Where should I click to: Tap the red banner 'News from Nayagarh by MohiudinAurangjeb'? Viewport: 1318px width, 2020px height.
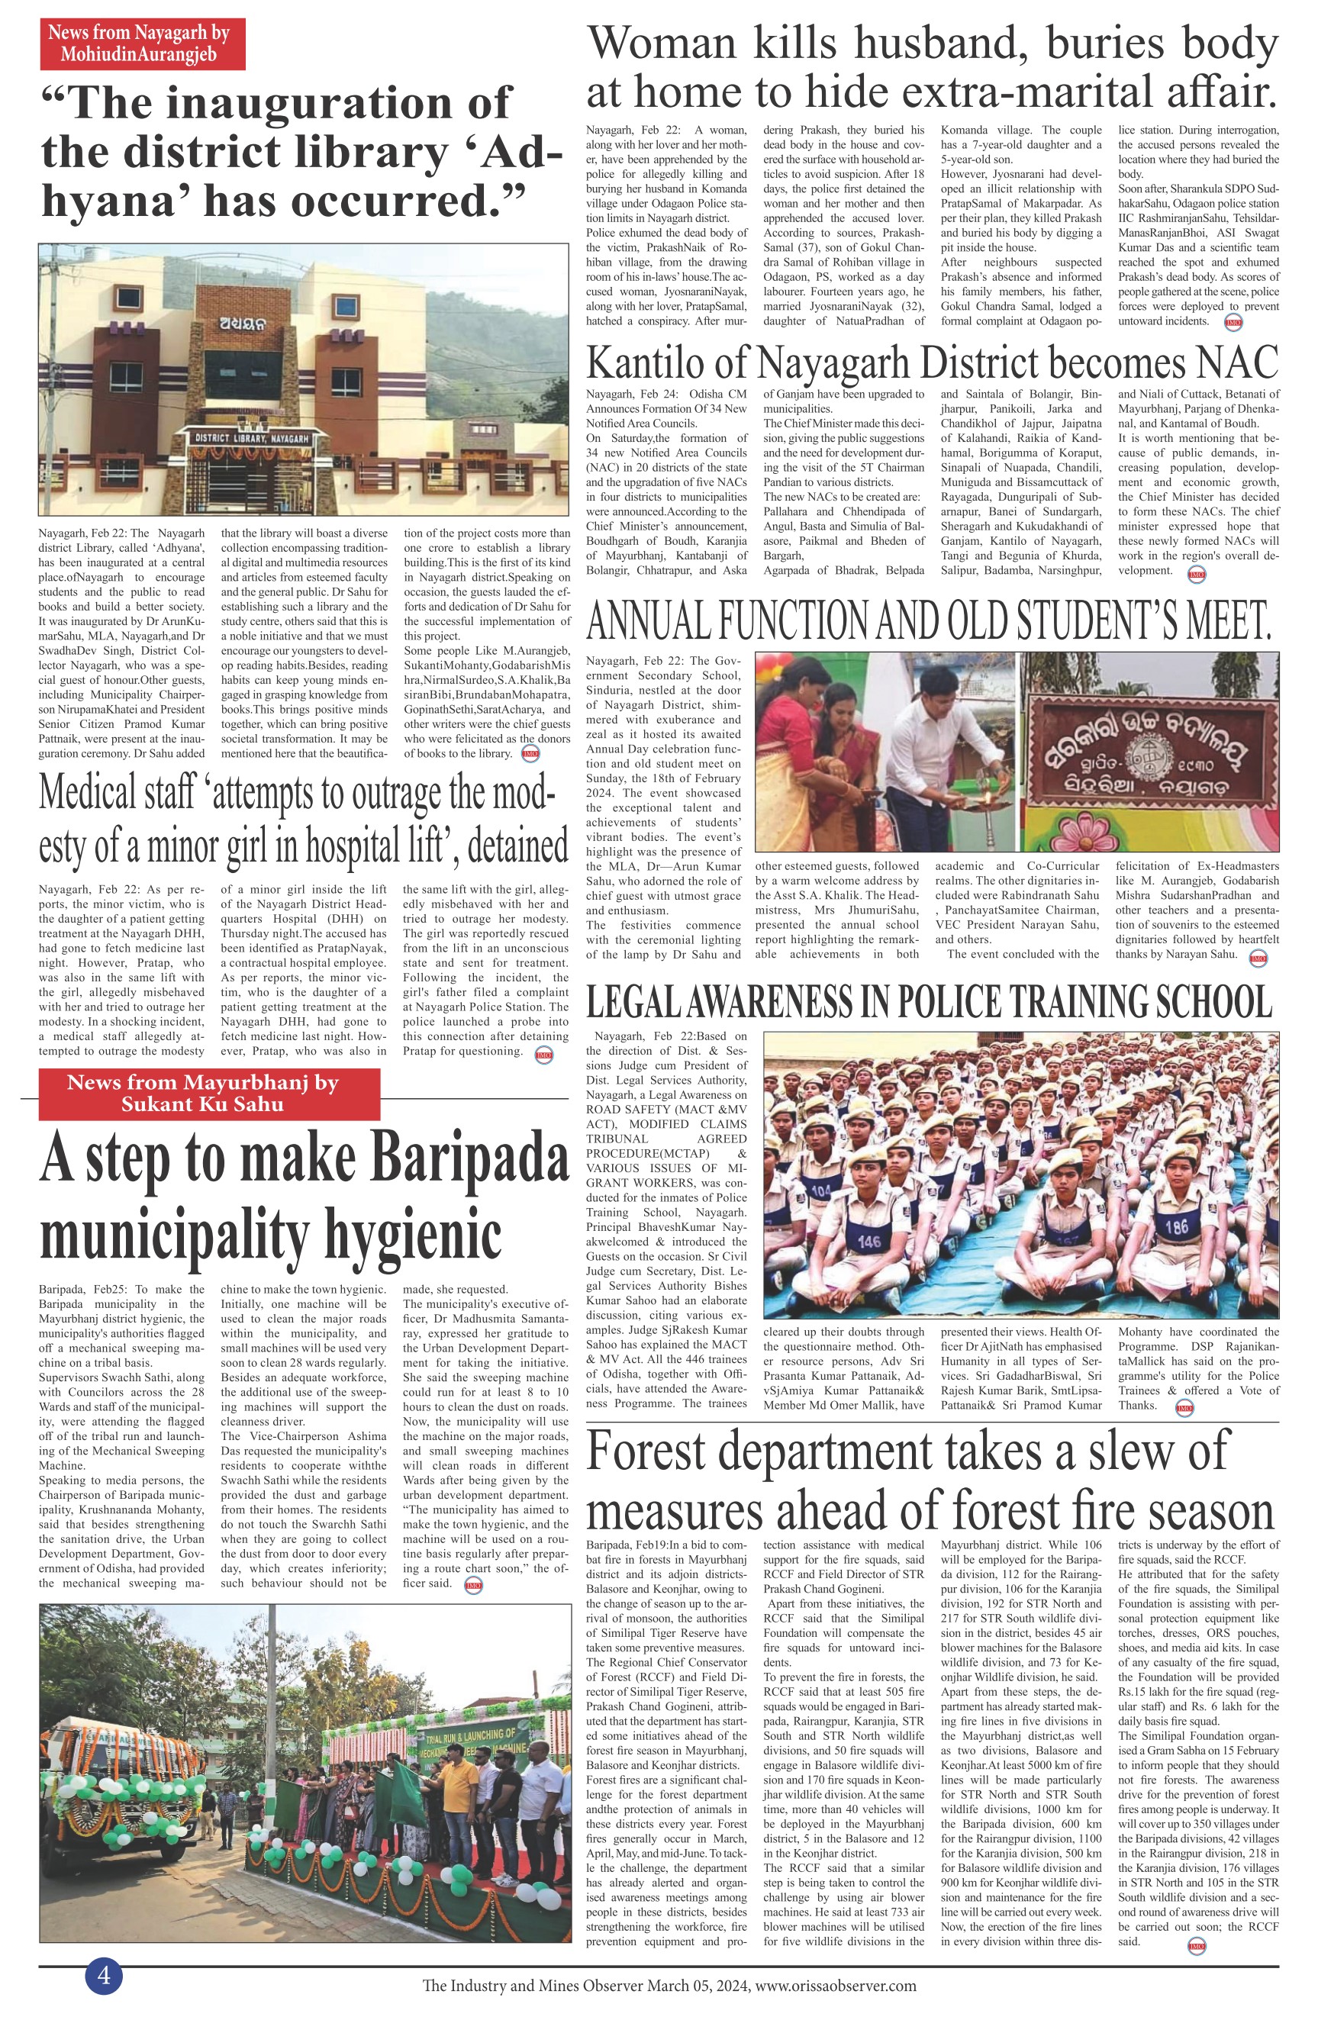pos(143,43)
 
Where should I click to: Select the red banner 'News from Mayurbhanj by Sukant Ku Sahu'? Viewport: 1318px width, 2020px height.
pos(202,1093)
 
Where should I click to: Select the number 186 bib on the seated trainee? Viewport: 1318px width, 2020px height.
pos(1176,1226)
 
